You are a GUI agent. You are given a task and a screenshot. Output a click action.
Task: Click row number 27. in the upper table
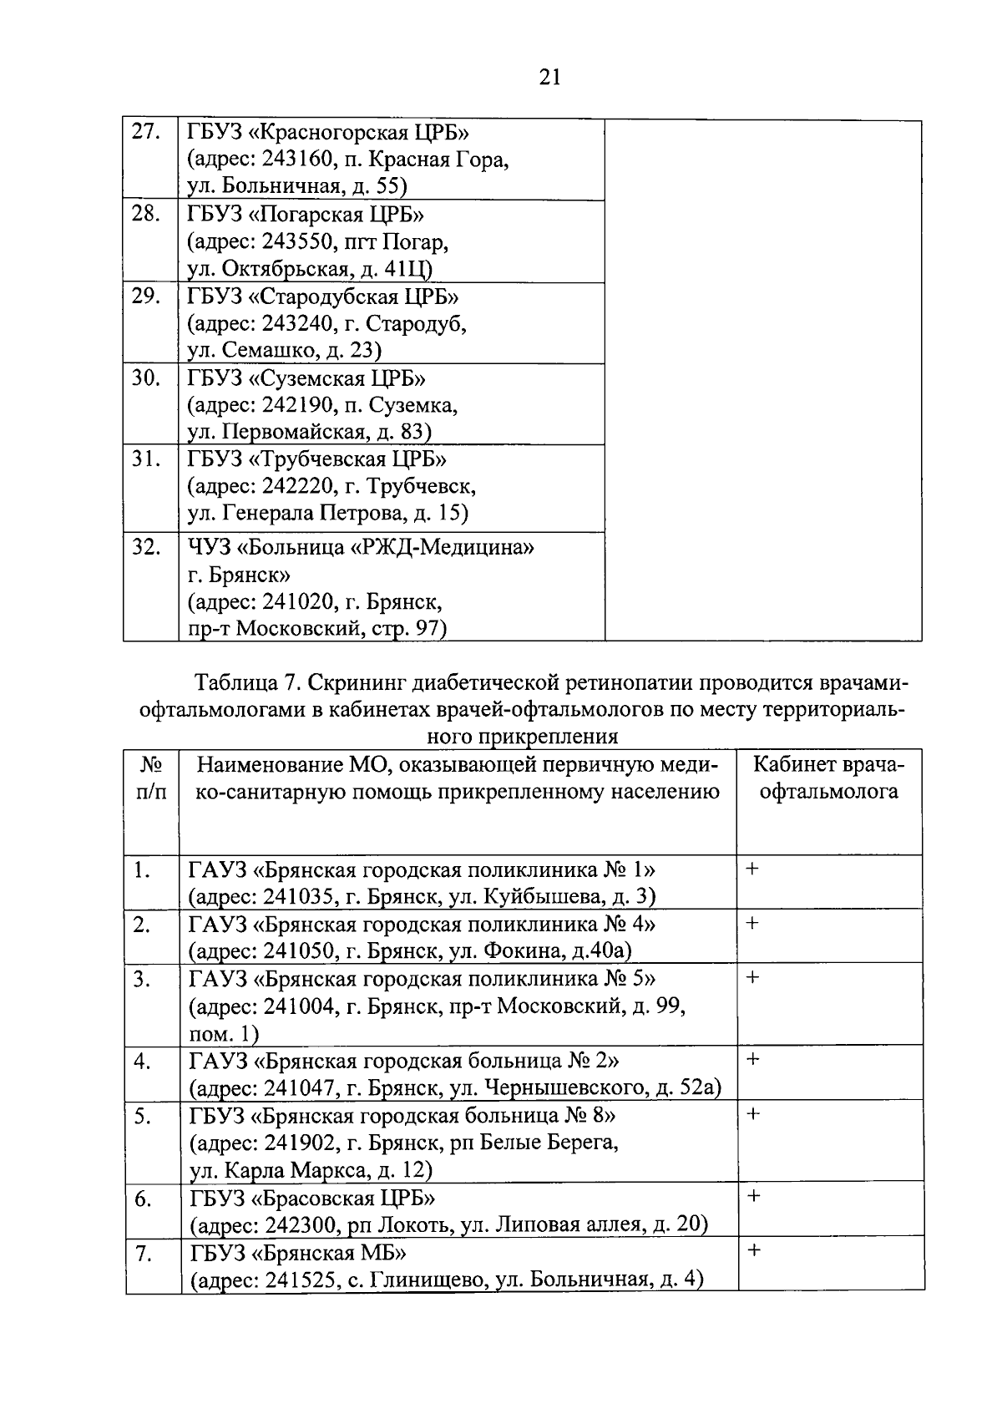point(145,132)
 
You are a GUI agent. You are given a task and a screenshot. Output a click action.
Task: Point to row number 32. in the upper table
point(146,547)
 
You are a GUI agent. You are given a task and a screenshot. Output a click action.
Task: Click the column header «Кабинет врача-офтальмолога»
point(828,778)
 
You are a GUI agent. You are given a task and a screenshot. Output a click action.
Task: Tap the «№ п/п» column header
point(151,778)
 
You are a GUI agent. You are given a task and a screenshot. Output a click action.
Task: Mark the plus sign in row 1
point(752,869)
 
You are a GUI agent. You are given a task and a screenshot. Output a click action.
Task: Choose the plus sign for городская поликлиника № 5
point(752,977)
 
